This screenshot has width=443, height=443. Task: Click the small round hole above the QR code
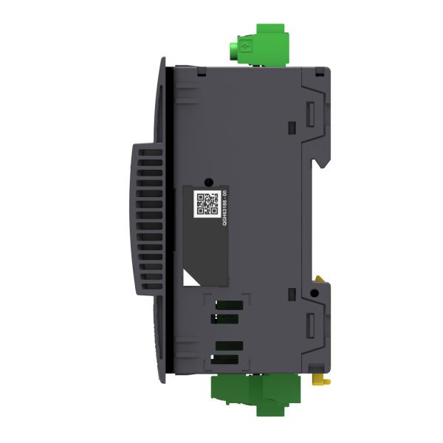pos(209,181)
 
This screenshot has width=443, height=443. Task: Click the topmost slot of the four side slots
pos(227,303)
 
